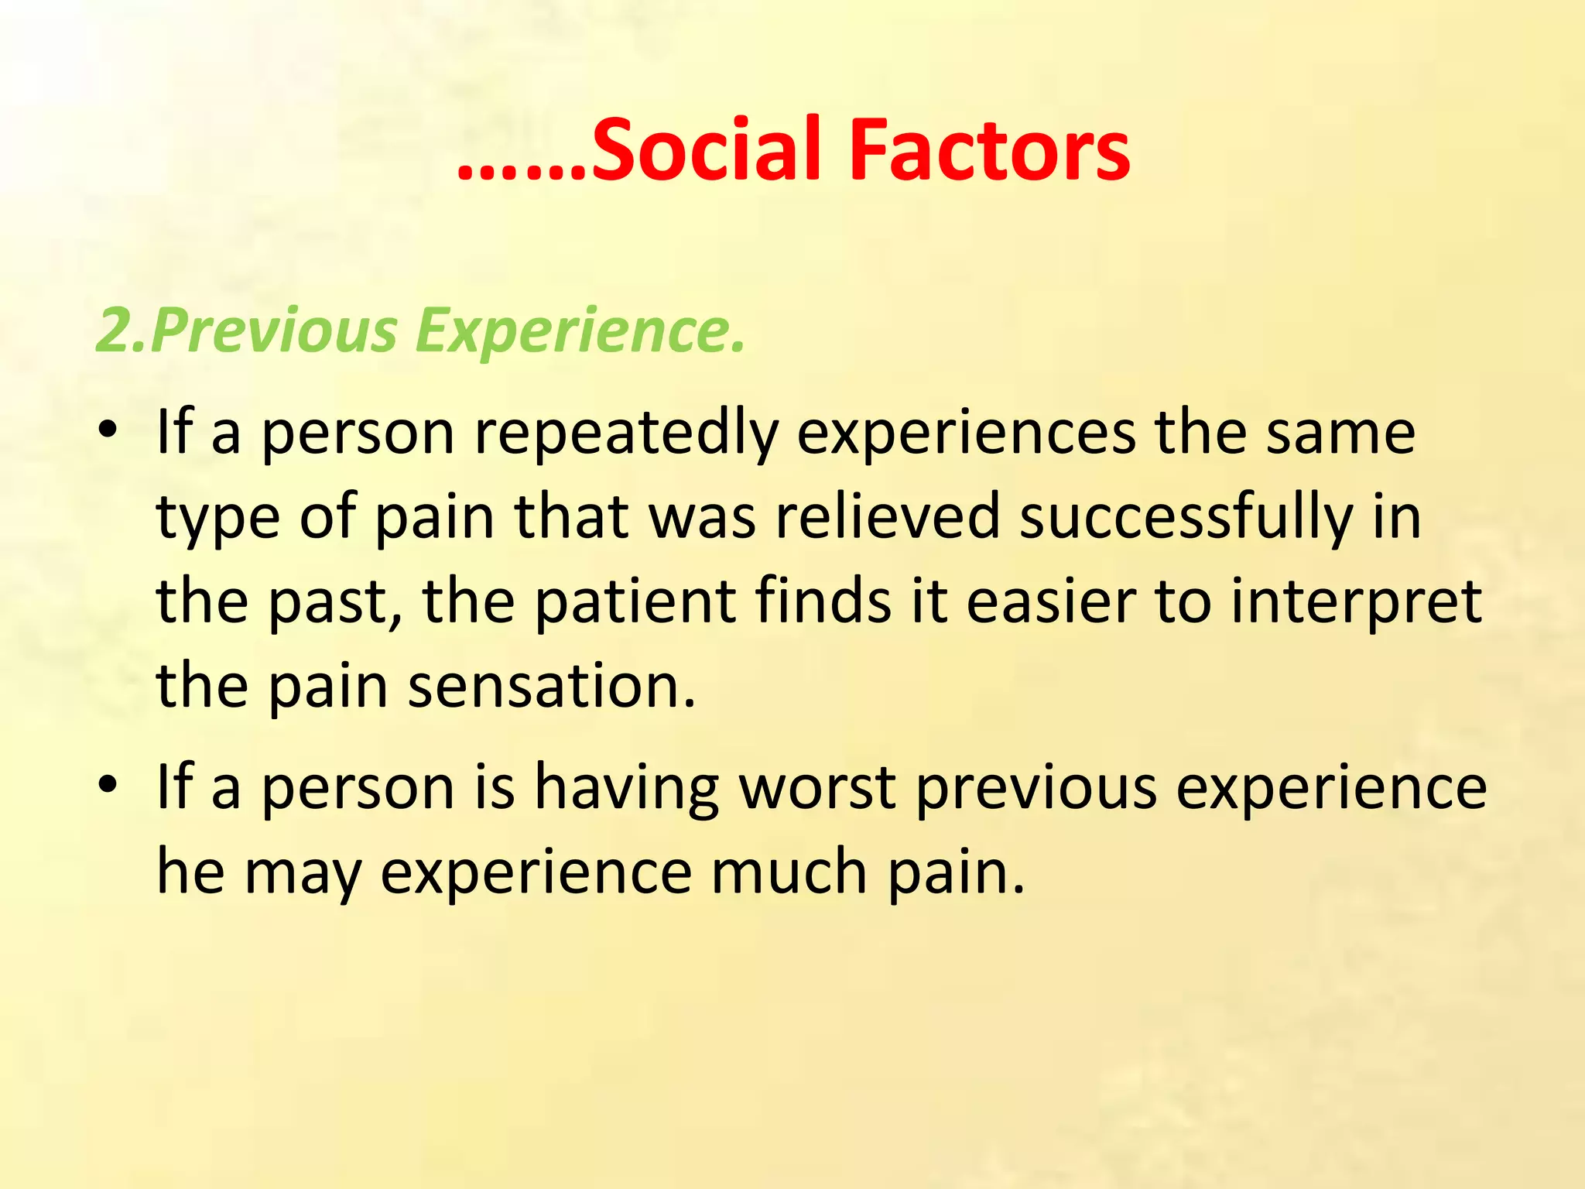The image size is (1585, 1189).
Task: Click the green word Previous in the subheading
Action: pyautogui.click(x=275, y=331)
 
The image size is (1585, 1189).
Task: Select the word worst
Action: pyautogui.click(x=817, y=788)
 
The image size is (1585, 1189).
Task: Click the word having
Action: pyautogui.click(x=627, y=788)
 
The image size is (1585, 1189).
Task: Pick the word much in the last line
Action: pyautogui.click(x=789, y=872)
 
